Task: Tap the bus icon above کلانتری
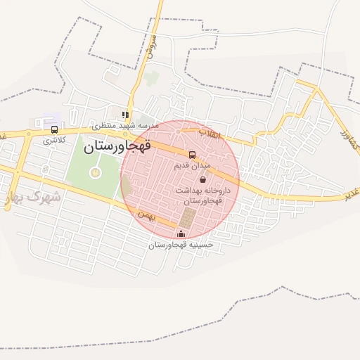point(55,129)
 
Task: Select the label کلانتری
point(54,140)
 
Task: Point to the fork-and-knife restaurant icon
point(125,115)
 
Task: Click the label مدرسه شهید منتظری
point(126,125)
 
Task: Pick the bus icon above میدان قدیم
point(192,155)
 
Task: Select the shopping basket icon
point(203,179)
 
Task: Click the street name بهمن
point(145,212)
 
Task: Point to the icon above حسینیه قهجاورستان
point(181,233)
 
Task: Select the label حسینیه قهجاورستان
point(181,245)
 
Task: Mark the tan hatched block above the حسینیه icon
point(186,218)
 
